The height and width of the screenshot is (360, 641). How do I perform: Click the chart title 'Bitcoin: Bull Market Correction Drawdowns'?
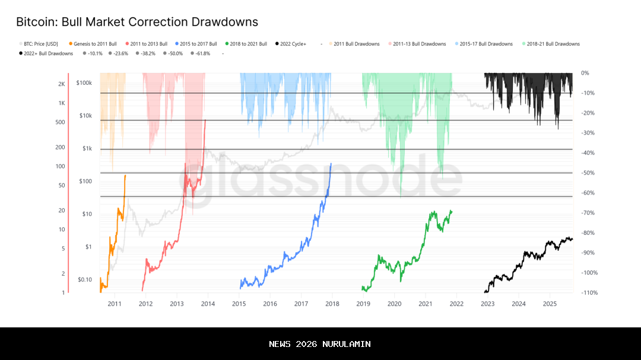(137, 23)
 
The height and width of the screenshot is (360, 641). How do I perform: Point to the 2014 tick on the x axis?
(208, 304)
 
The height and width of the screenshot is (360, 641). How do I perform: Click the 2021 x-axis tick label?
(426, 304)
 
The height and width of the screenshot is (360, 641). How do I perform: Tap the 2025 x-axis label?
(550, 304)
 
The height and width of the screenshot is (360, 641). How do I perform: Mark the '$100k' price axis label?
(84, 83)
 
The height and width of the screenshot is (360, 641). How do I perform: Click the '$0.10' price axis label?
(85, 279)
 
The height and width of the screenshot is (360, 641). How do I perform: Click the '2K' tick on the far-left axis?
(62, 84)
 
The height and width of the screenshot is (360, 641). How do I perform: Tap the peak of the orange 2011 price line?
(125, 176)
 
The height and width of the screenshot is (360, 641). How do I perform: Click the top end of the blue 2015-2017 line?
(331, 164)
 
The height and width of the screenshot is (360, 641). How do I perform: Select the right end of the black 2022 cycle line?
(572, 239)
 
